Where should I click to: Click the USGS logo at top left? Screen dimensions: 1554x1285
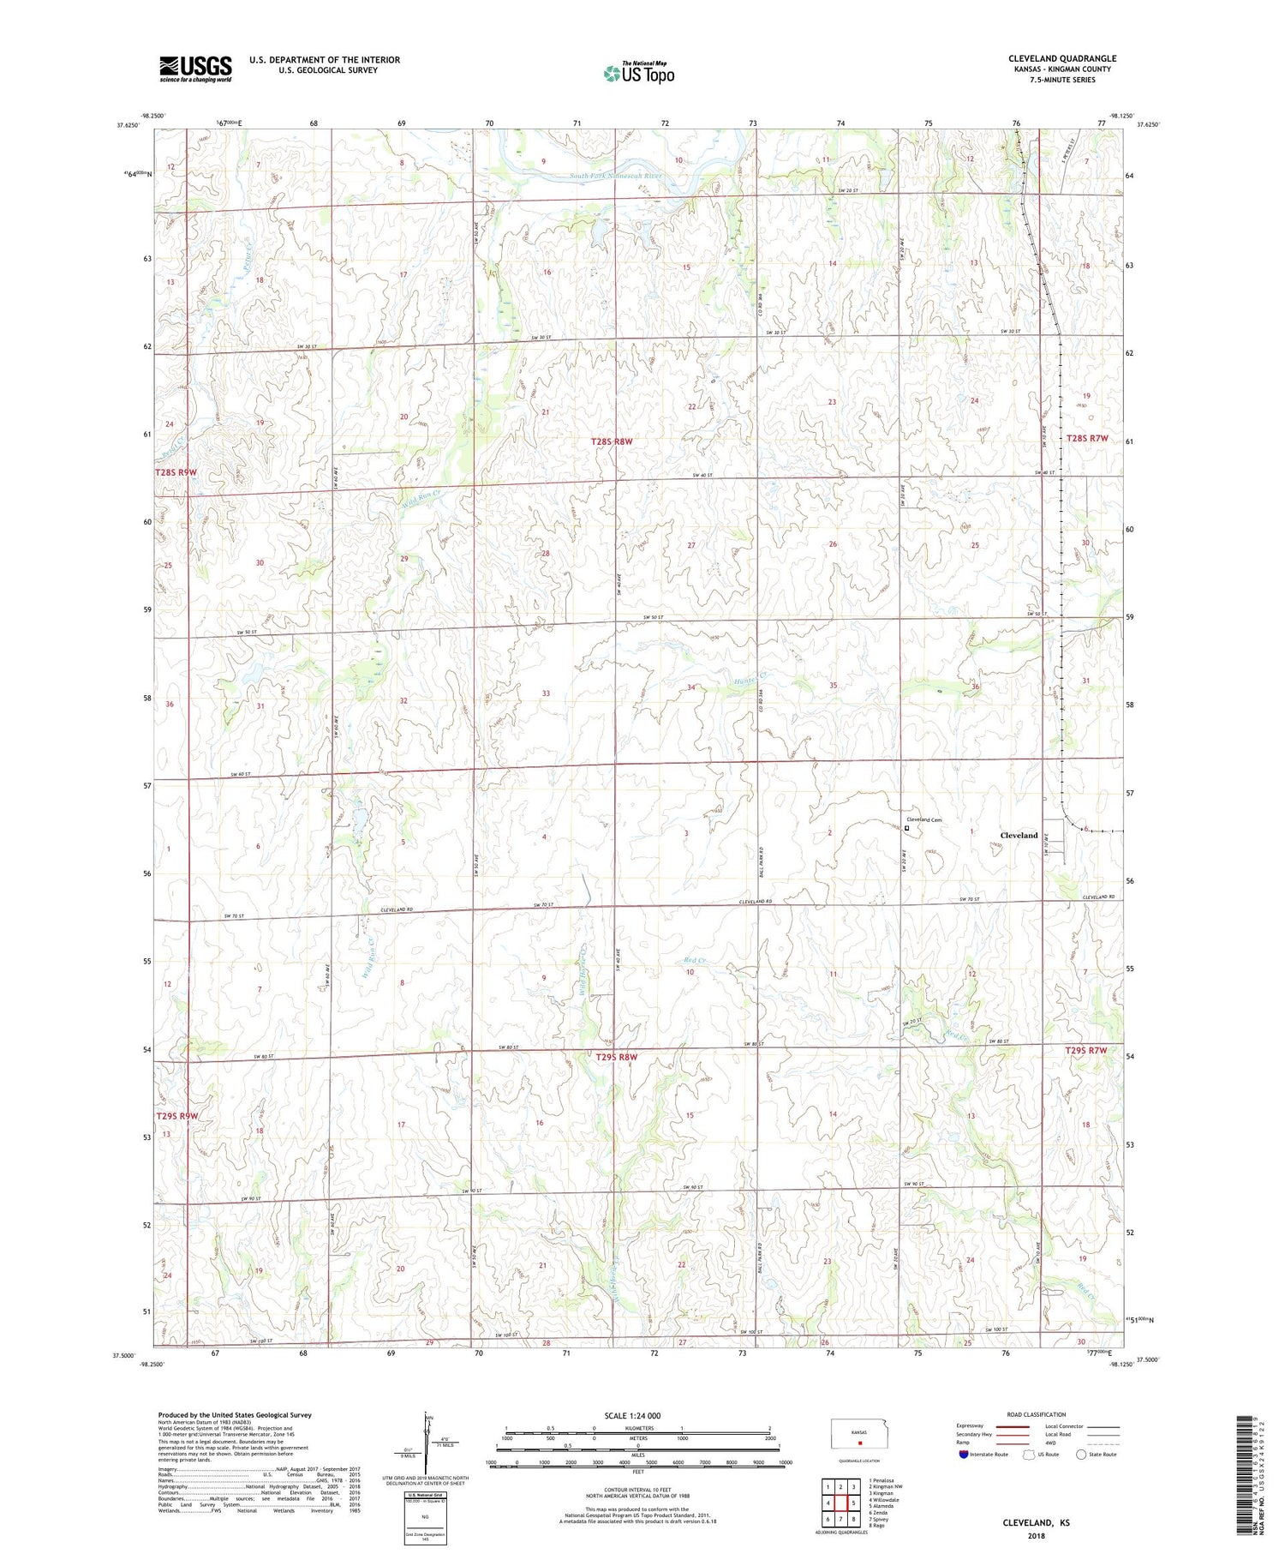[194, 69]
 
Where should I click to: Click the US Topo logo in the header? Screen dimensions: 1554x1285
[638, 73]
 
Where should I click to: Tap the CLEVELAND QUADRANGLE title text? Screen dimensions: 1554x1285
[1061, 58]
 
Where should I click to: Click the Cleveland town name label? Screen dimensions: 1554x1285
[1019, 835]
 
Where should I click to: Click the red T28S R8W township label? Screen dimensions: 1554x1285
[612, 441]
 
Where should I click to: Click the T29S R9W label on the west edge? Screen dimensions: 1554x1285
[176, 1115]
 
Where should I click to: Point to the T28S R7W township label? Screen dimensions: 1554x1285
[1087, 438]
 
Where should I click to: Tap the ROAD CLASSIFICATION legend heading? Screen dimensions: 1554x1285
[1037, 1414]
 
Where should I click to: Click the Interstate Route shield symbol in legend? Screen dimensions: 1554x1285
[964, 1455]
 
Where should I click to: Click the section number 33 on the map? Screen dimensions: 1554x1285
[546, 693]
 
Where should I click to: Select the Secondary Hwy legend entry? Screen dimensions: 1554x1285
[975, 1435]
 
